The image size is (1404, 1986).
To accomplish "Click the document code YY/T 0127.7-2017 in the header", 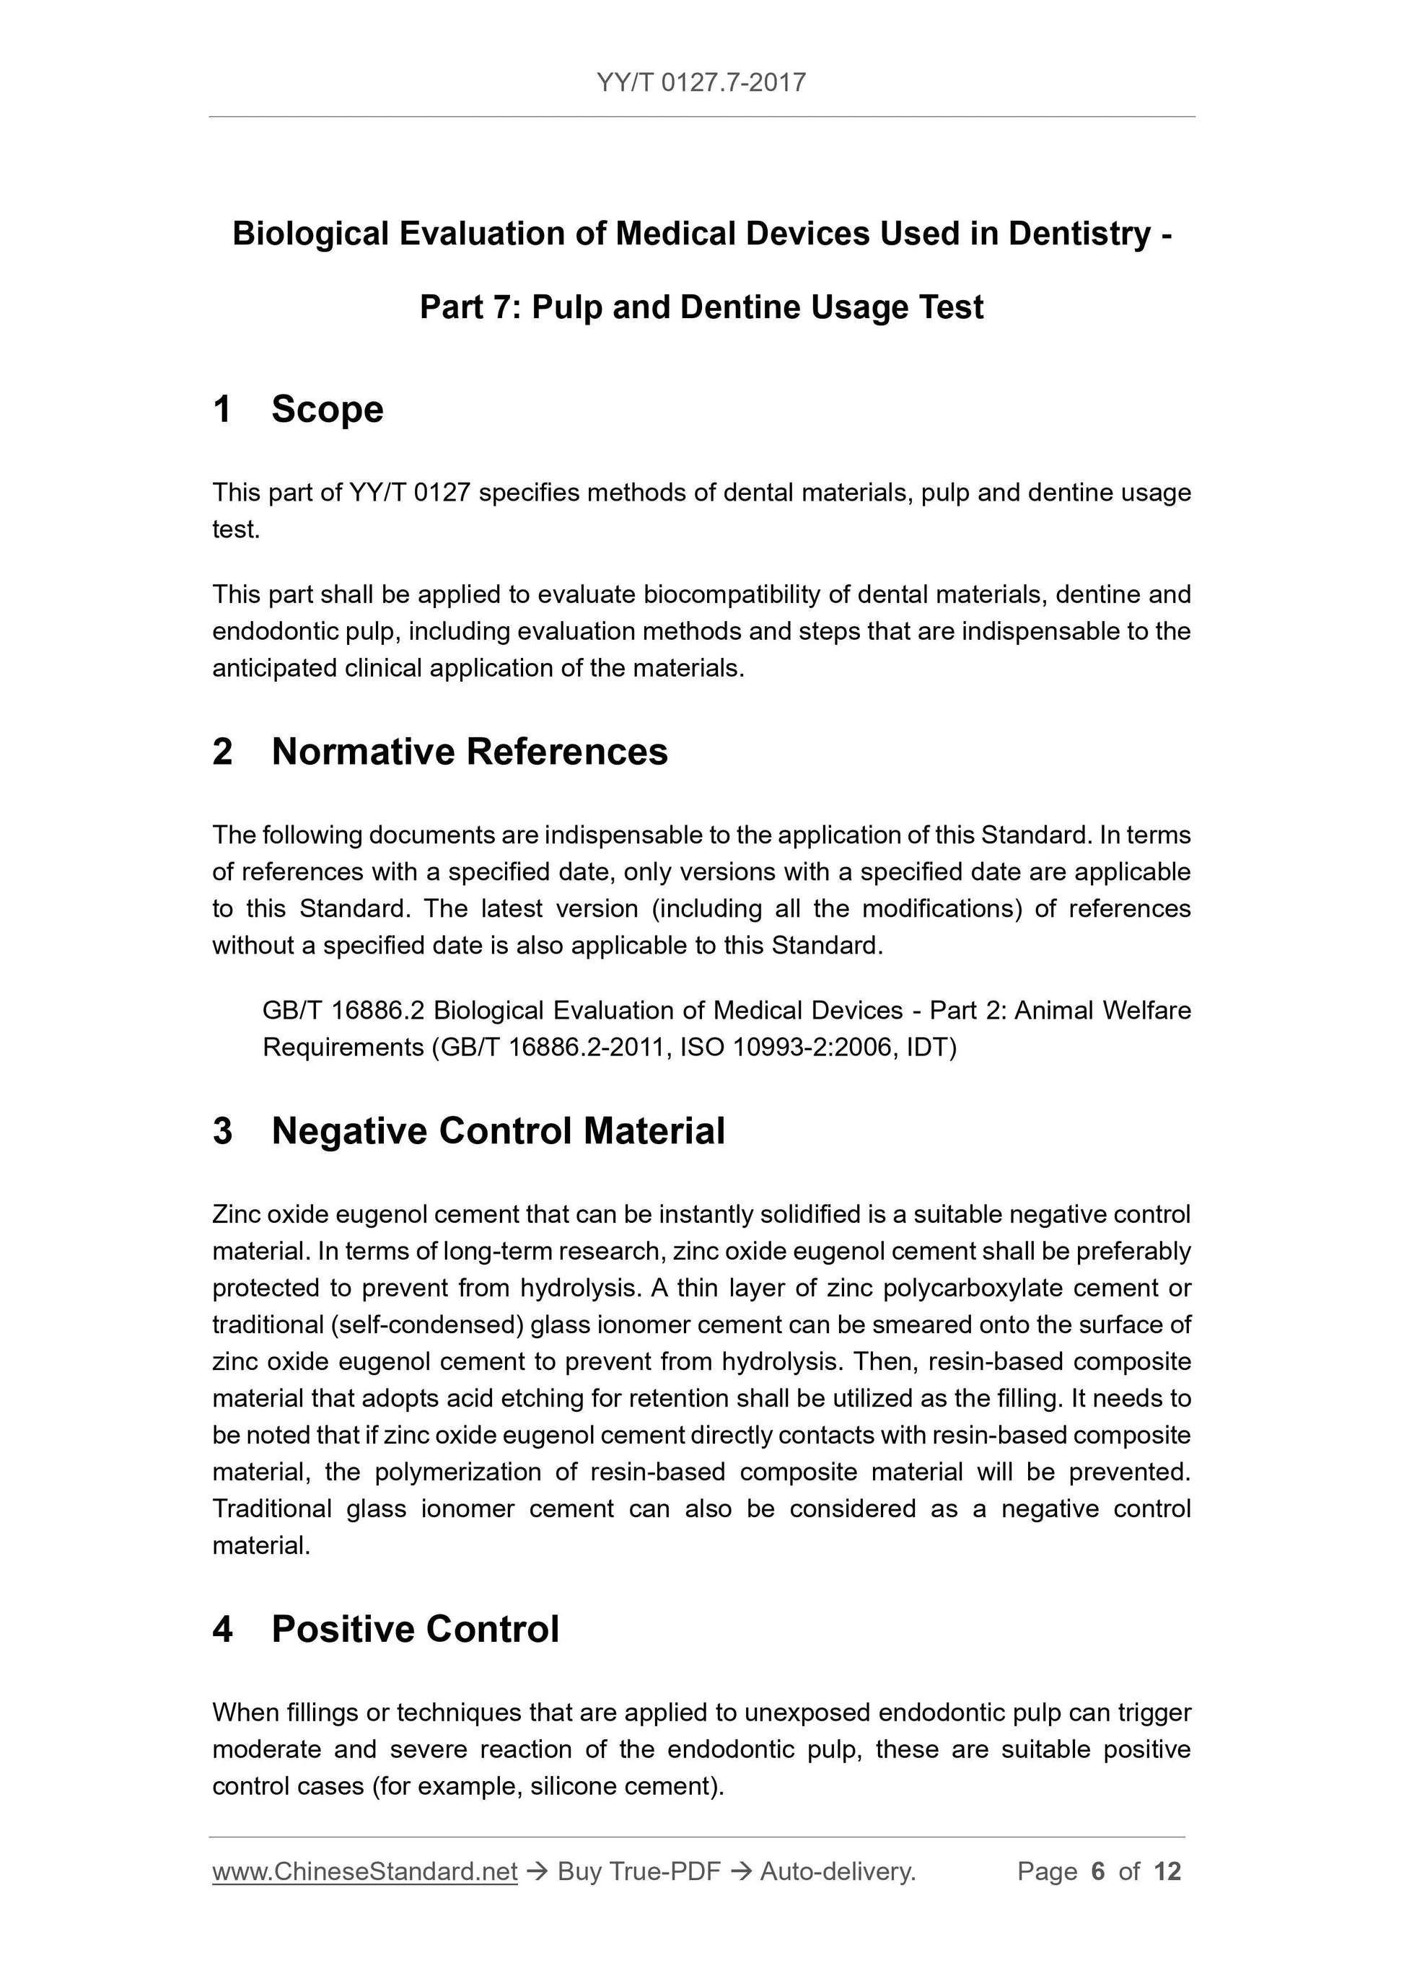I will (x=701, y=83).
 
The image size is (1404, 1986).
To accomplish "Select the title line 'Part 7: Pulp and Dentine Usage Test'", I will (x=701, y=307).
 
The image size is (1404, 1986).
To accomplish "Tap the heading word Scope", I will (x=327, y=409).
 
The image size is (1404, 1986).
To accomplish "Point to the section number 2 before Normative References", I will (x=222, y=752).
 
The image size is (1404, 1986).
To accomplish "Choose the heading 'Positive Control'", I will (x=416, y=1629).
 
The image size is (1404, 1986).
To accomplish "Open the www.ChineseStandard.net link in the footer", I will (x=364, y=1872).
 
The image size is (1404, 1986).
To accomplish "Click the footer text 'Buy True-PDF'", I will (x=639, y=1872).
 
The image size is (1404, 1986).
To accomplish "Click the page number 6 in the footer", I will (x=1098, y=1872).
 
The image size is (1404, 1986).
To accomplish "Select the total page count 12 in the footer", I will (x=1167, y=1872).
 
